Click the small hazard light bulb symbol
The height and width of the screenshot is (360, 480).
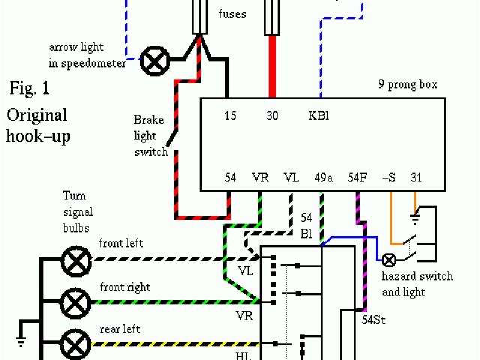pyautogui.click(x=389, y=260)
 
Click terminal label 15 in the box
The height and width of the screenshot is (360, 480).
pyautogui.click(x=231, y=116)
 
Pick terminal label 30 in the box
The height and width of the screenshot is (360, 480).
pyautogui.click(x=273, y=116)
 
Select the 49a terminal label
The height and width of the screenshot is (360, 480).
pyautogui.click(x=324, y=178)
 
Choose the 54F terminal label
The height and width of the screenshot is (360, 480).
pyautogui.click(x=358, y=178)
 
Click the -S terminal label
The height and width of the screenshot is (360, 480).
pyautogui.click(x=388, y=178)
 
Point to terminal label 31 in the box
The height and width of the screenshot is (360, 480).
pyautogui.click(x=416, y=178)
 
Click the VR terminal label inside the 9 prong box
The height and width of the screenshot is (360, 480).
pyautogui.click(x=261, y=178)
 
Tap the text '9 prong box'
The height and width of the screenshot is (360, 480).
pyautogui.click(x=408, y=84)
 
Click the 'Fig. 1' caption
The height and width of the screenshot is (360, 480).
pyautogui.click(x=29, y=88)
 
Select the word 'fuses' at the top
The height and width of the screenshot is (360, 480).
pyautogui.click(x=232, y=13)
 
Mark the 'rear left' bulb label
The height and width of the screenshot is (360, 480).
pyautogui.click(x=120, y=329)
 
